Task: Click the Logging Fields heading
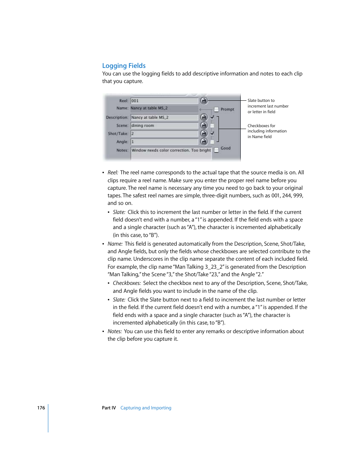124,66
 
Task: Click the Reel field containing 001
164,101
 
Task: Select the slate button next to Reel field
204,101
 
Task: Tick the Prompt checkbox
217,109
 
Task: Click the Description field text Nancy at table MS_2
164,117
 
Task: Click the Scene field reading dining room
164,126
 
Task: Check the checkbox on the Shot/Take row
212,133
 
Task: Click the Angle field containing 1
164,142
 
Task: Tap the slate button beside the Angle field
204,142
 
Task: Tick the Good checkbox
217,150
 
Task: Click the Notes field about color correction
171,150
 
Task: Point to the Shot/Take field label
118,134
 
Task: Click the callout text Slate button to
261,100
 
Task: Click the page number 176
41,408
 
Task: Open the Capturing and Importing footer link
146,408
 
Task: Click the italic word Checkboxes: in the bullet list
127,283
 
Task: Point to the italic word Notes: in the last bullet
114,331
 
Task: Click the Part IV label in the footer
109,408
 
